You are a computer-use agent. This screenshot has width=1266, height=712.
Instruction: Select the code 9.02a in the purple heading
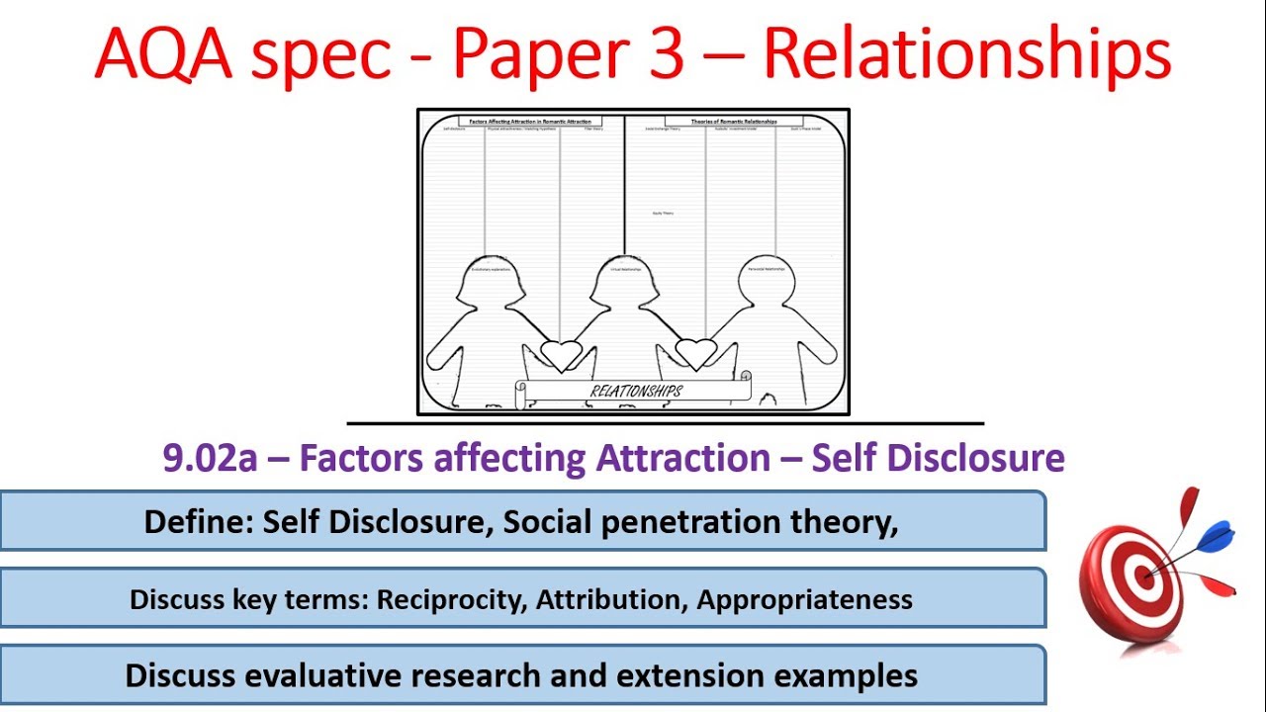point(205,459)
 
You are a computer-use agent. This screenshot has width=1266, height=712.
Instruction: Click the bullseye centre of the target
point(1145,575)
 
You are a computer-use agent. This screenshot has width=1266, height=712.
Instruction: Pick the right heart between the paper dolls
point(695,352)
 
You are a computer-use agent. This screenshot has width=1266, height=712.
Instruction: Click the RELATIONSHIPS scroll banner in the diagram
point(634,391)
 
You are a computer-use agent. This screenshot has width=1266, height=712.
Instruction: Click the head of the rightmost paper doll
point(768,277)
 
